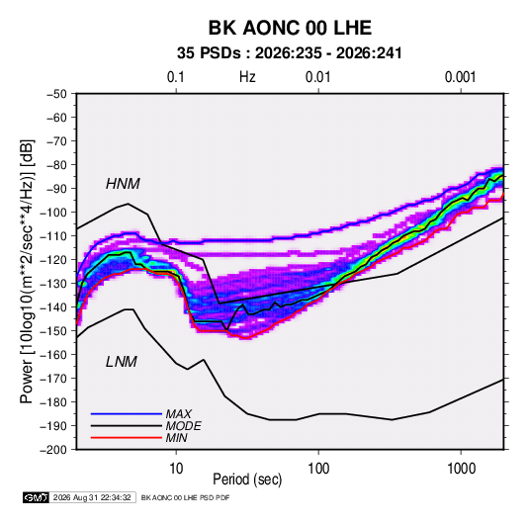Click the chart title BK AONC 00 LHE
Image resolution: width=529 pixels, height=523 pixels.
(x=290, y=28)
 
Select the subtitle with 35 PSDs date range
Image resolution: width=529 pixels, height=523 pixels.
(x=290, y=53)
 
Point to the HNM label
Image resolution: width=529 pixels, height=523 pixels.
(x=123, y=184)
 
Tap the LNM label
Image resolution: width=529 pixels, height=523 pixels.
(x=122, y=362)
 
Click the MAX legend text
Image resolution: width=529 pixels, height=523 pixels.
(x=179, y=414)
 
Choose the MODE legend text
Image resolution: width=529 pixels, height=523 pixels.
(x=184, y=426)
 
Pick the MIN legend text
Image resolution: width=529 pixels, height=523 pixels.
(x=176, y=438)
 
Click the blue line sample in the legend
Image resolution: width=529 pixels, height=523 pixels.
(x=127, y=413)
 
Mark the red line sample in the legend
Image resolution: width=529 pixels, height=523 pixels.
(x=127, y=438)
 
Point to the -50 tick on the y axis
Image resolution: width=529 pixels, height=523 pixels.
(x=56, y=94)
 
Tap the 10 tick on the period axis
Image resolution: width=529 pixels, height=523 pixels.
(x=176, y=469)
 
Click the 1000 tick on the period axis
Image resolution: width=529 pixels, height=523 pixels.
(x=461, y=469)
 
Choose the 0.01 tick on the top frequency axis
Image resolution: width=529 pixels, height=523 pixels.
(x=317, y=77)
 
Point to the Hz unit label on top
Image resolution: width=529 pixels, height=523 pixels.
(x=247, y=77)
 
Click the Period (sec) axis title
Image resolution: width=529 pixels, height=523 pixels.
(x=247, y=479)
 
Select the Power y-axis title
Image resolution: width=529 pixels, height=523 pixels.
(x=28, y=271)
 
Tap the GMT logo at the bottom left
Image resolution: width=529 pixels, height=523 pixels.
(x=36, y=497)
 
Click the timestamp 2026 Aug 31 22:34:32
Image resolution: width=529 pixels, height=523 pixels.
(x=92, y=497)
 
